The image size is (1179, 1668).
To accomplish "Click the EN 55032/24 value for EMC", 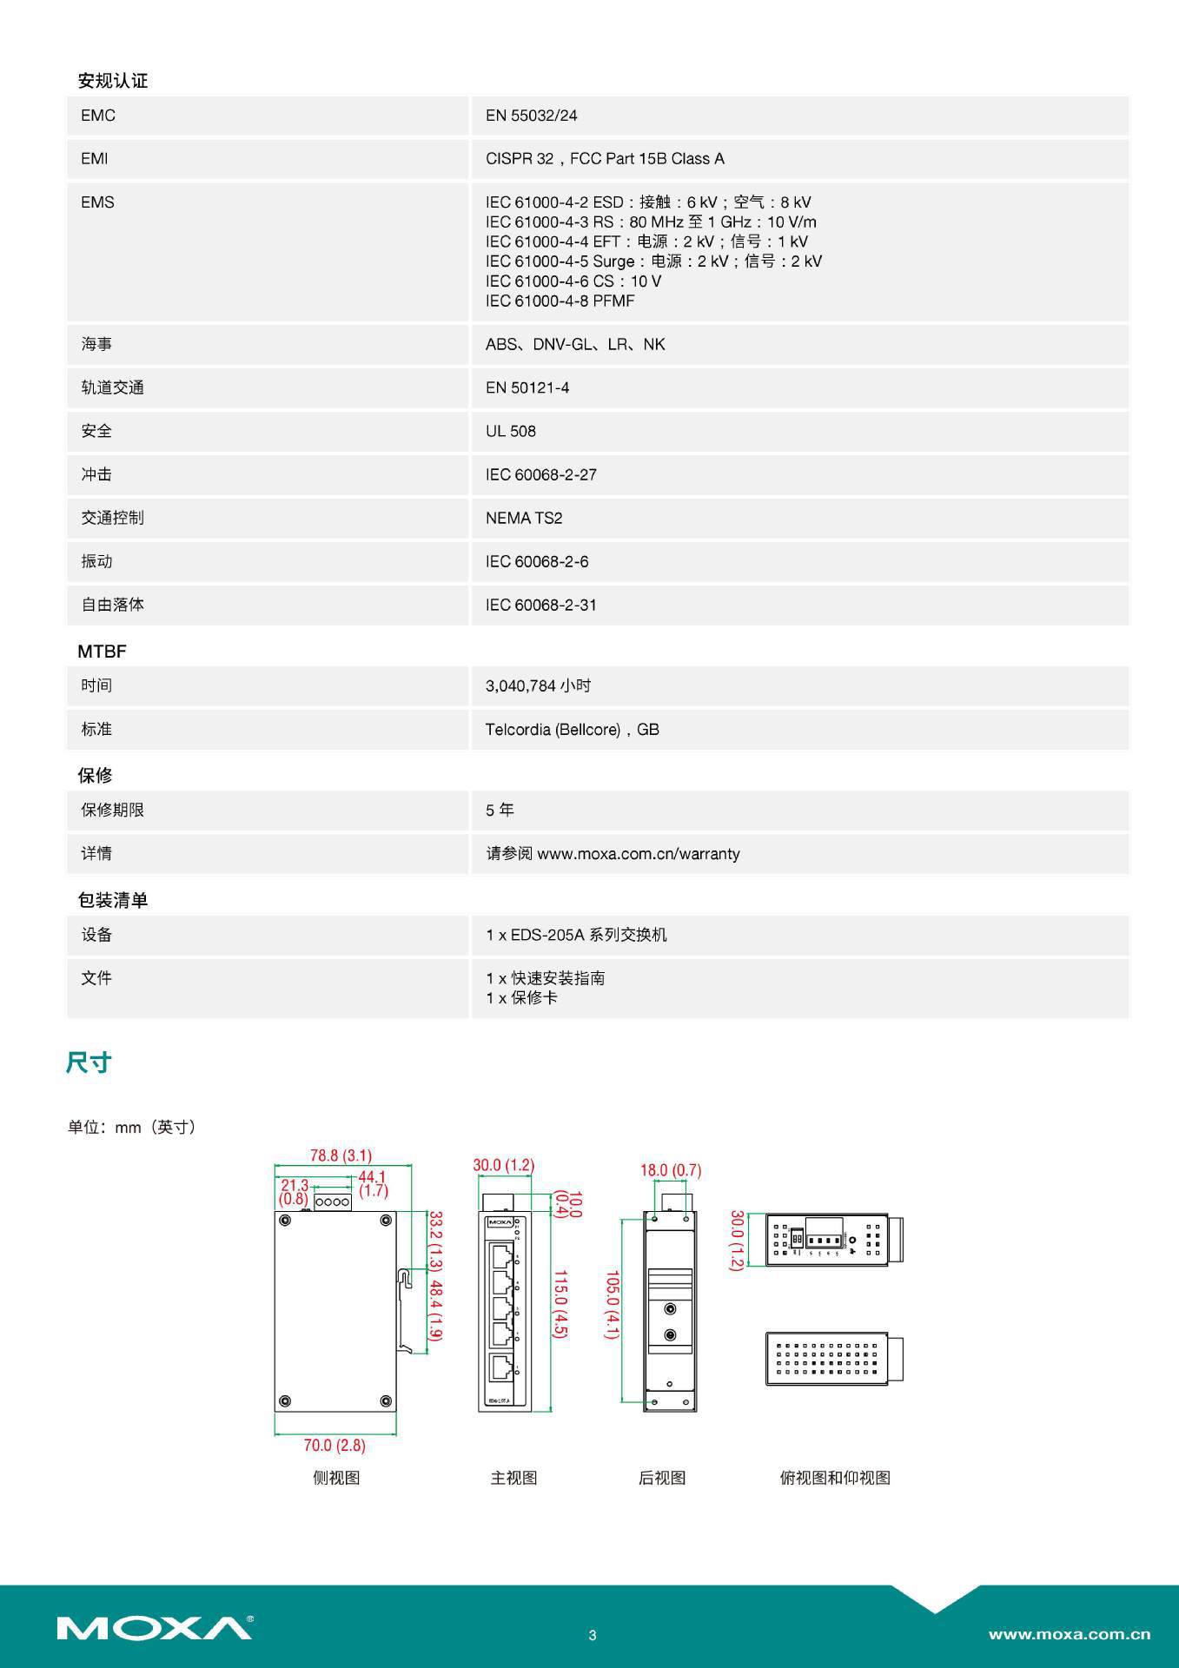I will pos(531,116).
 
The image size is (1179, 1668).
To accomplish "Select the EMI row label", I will pos(95,159).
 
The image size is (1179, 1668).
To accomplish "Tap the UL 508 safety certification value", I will pos(511,431).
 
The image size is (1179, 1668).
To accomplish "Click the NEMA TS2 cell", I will pos(524,518).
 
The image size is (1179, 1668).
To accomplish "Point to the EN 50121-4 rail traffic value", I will pos(527,387).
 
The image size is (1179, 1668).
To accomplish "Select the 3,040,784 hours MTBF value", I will pos(538,685).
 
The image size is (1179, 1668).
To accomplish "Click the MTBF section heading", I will pos(102,651).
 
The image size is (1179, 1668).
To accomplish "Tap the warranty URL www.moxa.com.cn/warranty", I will pos(639,853).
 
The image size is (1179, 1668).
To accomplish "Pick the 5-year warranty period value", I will pos(500,810).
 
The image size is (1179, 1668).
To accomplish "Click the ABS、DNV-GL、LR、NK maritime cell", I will pos(575,344).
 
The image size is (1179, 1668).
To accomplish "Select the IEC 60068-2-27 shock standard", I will pos(541,474).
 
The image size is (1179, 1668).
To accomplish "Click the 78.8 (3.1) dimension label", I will pos(341,1155).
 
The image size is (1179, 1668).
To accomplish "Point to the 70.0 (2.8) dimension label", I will pos(334,1445).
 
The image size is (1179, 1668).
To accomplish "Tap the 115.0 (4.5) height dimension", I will pos(560,1304).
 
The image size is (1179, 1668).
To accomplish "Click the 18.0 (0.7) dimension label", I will pos(671,1170).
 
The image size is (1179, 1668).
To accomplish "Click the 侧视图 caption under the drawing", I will pos(336,1478).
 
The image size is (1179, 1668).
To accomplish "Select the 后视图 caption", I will pos(662,1478).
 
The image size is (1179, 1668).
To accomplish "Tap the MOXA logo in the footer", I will pos(155,1627).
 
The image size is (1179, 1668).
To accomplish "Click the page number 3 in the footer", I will pos(593,1635).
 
